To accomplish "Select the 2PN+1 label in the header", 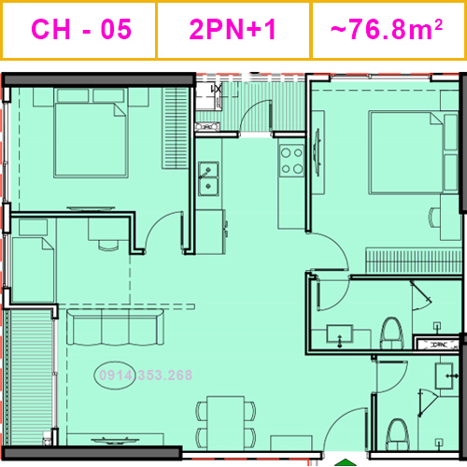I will [233, 29].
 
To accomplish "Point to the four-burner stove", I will [292, 161].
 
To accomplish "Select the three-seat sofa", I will [115, 330].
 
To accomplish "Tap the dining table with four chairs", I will [224, 420].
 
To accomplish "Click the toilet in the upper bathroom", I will [391, 332].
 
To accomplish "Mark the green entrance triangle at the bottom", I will [347, 460].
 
